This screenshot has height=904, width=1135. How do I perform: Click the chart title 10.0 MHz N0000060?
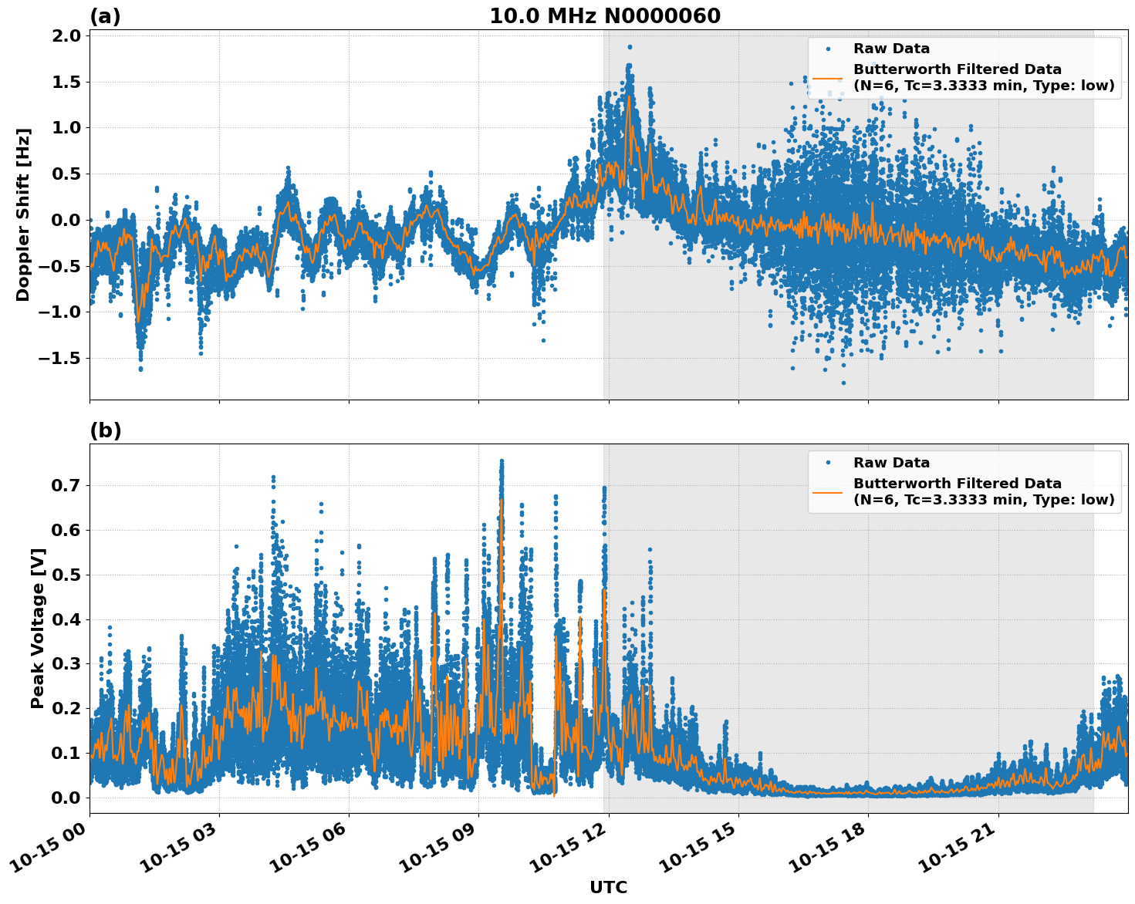click(x=605, y=16)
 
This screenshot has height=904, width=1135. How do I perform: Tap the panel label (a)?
click(x=105, y=16)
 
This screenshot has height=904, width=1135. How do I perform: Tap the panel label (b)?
click(x=106, y=430)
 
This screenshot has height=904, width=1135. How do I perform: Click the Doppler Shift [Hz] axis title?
click(x=23, y=214)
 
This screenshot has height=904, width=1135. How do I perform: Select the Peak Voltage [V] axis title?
click(x=37, y=628)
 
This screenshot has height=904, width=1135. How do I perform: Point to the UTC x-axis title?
click(x=608, y=887)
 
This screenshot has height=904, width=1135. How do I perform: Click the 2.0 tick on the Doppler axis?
click(x=67, y=35)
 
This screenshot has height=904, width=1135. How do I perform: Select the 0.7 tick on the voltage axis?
click(x=67, y=485)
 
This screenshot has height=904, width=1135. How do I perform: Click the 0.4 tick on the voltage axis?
click(x=67, y=619)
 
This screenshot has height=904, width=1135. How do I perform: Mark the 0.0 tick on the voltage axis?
click(x=67, y=798)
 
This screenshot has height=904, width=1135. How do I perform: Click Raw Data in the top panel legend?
click(x=891, y=49)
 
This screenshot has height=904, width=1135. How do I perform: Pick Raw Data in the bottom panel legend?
click(x=891, y=463)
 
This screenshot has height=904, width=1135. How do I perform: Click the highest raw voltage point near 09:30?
click(x=502, y=461)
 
